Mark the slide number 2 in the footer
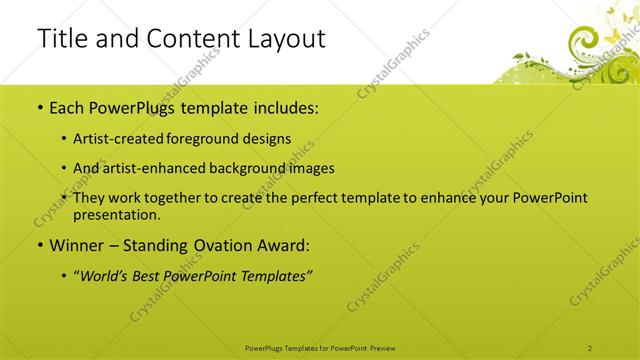590,347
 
